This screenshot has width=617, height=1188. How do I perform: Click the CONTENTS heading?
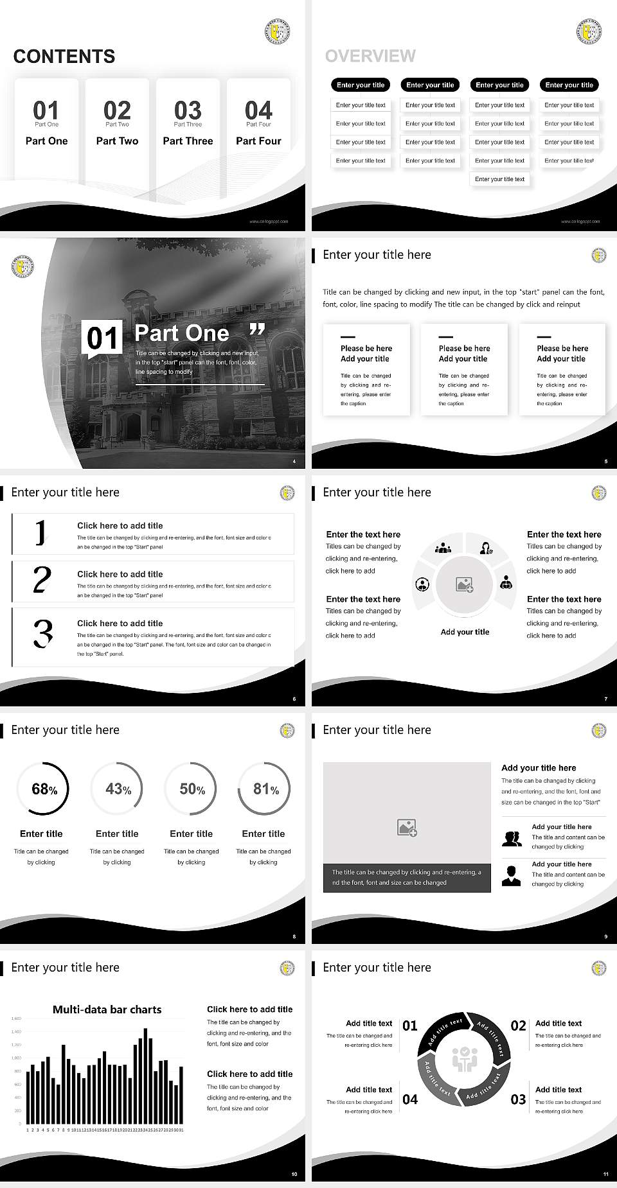64,57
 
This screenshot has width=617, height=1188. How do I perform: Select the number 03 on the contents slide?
188,110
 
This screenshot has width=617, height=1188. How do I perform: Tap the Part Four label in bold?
258,141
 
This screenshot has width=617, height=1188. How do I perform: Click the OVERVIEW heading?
370,57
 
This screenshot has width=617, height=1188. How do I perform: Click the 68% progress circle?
42,789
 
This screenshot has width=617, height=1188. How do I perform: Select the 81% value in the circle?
265,789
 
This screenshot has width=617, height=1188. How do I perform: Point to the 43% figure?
118,789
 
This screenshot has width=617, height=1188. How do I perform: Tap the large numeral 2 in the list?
42,580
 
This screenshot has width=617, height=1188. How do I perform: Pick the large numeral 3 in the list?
42,633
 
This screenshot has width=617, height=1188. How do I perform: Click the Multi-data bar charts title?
107,1009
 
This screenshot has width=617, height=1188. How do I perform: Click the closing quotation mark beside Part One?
257,330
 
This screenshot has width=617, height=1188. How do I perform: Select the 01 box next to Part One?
103,338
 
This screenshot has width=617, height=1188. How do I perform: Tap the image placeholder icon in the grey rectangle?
407,828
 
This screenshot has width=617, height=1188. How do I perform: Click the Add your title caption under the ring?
465,632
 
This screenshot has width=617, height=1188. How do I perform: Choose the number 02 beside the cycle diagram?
518,1026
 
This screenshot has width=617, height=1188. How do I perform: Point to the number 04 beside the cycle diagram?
410,1099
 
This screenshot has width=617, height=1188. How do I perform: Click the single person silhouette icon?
511,875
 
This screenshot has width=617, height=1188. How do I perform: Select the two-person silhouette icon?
512,838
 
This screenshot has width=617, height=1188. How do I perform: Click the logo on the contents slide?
277,31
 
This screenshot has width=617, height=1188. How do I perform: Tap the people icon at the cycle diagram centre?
464,1060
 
